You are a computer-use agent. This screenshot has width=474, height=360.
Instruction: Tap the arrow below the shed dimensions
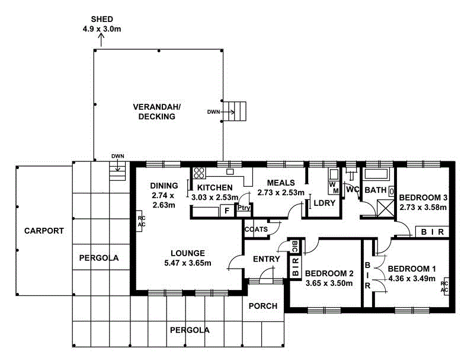[x=100, y=39]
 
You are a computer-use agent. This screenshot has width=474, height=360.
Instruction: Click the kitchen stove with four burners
[x=199, y=173]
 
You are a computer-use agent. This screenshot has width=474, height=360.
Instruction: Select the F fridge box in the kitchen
[x=226, y=210]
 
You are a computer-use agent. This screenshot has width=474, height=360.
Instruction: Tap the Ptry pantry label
[x=243, y=209]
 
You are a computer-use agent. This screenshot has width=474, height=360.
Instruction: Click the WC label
[x=353, y=190]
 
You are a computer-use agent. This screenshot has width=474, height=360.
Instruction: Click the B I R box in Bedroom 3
[x=433, y=232]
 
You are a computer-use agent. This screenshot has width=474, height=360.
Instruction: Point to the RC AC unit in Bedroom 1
[x=444, y=287]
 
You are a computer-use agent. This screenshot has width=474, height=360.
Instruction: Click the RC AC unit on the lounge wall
[x=141, y=221]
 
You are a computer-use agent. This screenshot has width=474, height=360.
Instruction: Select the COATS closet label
[x=256, y=228]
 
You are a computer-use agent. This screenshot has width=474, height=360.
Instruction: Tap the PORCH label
[x=263, y=306]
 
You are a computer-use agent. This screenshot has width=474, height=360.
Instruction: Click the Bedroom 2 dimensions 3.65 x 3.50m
[x=328, y=283]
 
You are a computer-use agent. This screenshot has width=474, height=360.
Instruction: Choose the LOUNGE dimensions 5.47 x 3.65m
[x=187, y=263]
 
